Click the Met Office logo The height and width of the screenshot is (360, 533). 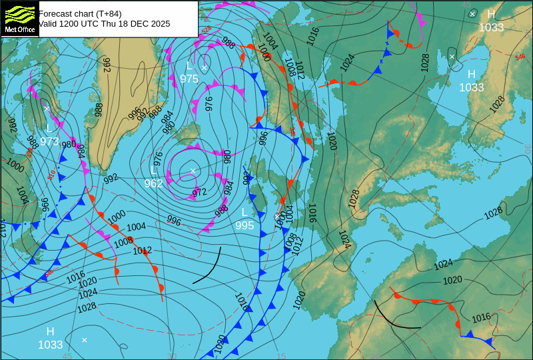[20, 19]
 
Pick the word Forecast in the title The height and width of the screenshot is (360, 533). [57, 13]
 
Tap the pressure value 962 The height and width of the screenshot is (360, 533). [154, 183]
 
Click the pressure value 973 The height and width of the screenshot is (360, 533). [49, 141]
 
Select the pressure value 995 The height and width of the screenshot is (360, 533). [245, 225]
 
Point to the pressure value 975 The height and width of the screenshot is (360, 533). [189, 79]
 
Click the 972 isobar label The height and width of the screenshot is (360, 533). [199, 193]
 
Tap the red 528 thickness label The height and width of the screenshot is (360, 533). [207, 29]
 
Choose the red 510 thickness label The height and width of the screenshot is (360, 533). [52, 175]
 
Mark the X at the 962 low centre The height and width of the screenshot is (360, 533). [193, 171]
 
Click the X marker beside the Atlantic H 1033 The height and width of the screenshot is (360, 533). [85, 340]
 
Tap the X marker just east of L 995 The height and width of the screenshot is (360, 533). [277, 216]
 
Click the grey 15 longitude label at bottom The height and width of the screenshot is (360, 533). [281, 356]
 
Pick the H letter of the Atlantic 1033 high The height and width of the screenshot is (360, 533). [50, 331]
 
